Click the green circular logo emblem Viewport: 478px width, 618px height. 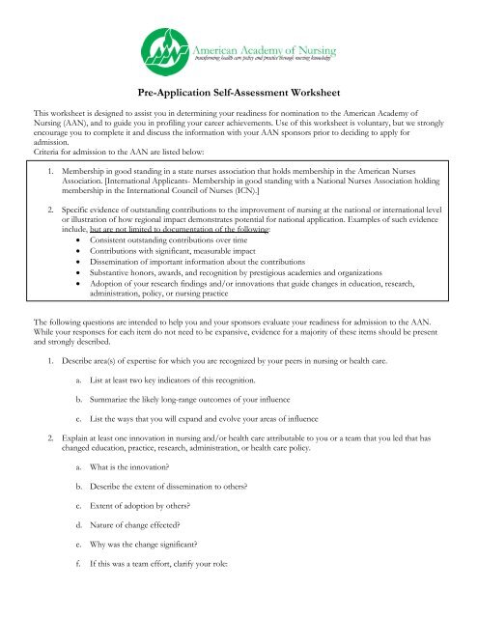point(166,47)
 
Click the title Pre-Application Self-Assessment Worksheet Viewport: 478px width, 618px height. point(239,93)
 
